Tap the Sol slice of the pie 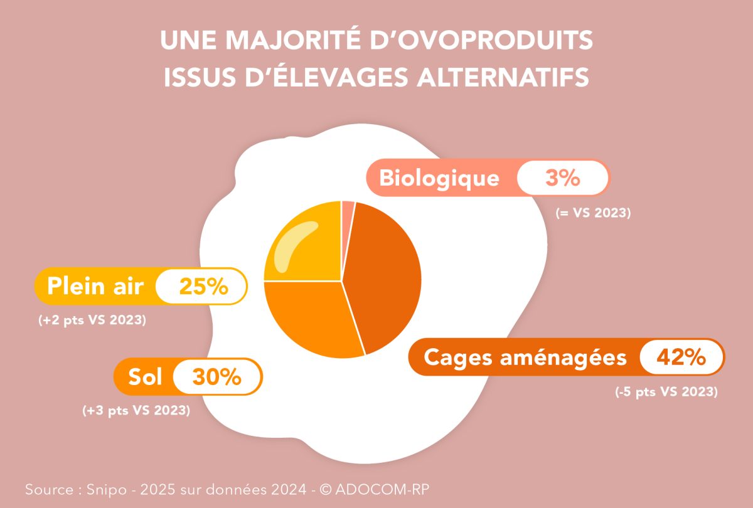tap(307, 317)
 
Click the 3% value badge tap(562, 179)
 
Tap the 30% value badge tap(216, 377)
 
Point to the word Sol tap(145, 377)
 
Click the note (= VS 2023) tap(592, 213)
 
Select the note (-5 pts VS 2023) tap(666, 393)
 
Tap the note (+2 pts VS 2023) tap(92, 320)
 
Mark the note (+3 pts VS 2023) tap(136, 411)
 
